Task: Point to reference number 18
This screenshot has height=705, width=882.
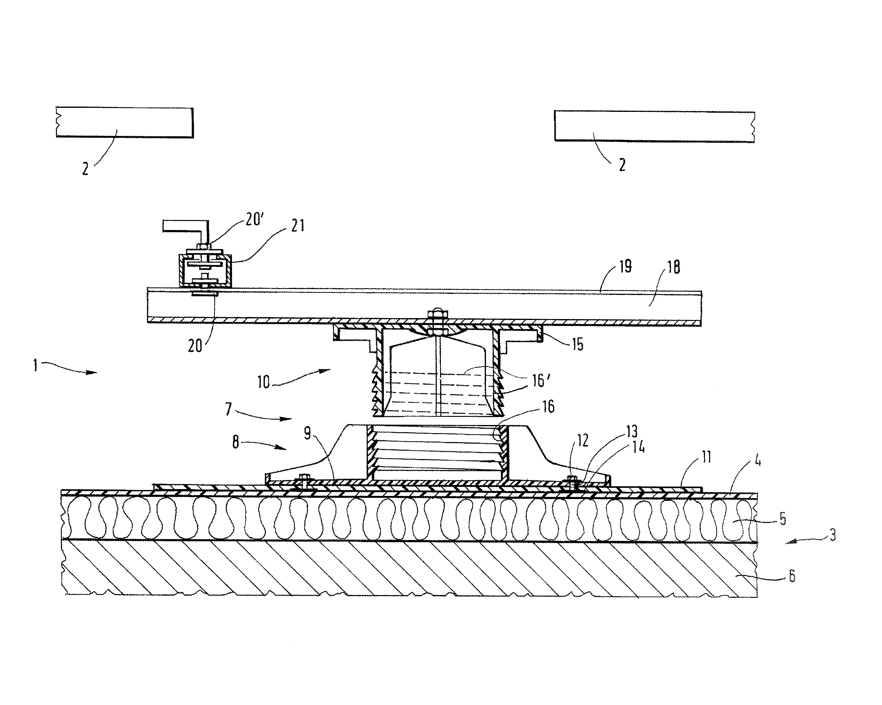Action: [x=673, y=267]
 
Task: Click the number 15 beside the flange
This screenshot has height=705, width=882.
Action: [x=577, y=344]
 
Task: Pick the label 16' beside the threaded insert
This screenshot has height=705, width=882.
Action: [x=540, y=380]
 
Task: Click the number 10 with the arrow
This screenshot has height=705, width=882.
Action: [x=264, y=382]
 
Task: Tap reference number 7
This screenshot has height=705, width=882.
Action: [x=229, y=408]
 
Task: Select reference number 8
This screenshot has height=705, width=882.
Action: [x=235, y=442]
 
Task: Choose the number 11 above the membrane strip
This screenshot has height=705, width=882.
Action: [x=706, y=457]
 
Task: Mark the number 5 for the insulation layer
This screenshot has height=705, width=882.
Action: [x=783, y=519]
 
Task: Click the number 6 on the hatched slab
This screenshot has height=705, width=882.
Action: [x=792, y=576]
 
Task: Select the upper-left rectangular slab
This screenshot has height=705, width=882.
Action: [x=124, y=122]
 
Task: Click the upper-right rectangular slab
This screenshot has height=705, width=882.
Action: [x=655, y=127]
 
